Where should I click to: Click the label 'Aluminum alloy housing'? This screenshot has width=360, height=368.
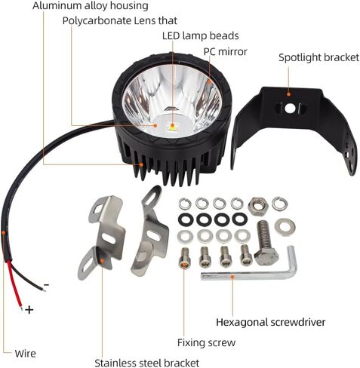coord(91,6)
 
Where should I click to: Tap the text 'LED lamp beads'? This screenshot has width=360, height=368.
coord(201,36)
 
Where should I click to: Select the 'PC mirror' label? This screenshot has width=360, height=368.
coord(226,52)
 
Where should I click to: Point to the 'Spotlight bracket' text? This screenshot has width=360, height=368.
coord(318,58)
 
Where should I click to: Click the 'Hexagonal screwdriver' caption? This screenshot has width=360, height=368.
coord(271,322)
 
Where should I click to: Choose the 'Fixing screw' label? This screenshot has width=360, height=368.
coord(206,342)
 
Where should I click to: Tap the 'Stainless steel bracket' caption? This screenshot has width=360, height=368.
coord(147,363)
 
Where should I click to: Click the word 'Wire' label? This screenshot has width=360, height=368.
coord(26,354)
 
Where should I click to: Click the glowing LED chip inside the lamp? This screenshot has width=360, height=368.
coord(172,126)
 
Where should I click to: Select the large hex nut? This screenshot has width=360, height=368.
coord(258,206)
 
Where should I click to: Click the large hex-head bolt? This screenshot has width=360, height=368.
coord(266,243)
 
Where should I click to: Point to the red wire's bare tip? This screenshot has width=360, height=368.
coord(21,308)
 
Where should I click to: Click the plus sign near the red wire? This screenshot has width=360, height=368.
coord(29,310)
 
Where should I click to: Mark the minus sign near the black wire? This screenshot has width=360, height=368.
coord(46,285)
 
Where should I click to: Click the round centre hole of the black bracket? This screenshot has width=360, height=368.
coord(290,109)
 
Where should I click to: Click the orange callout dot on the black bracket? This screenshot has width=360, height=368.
coord(288,94)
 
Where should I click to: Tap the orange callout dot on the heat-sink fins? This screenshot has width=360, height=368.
coord(141,164)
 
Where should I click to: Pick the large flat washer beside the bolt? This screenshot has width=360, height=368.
coord(285,227)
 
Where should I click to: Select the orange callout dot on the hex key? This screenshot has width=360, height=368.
coord(232,277)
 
